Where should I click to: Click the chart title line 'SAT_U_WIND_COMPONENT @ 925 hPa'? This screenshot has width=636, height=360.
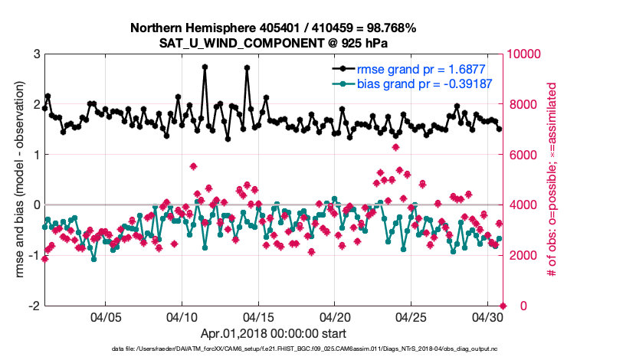coord(273,42)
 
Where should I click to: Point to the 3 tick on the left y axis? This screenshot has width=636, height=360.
coord(36,54)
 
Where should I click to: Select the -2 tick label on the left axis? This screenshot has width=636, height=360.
coord(34,306)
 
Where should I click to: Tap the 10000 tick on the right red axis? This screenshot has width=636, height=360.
coord(525,54)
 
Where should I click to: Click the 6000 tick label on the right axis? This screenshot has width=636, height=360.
coord(522,155)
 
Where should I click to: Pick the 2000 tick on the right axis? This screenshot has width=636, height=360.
coord(522,255)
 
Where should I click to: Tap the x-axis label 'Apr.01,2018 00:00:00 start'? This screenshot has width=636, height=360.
coord(274,334)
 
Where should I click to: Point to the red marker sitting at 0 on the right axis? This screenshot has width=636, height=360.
coord(503,306)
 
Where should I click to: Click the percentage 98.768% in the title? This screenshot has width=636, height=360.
coord(388,28)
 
